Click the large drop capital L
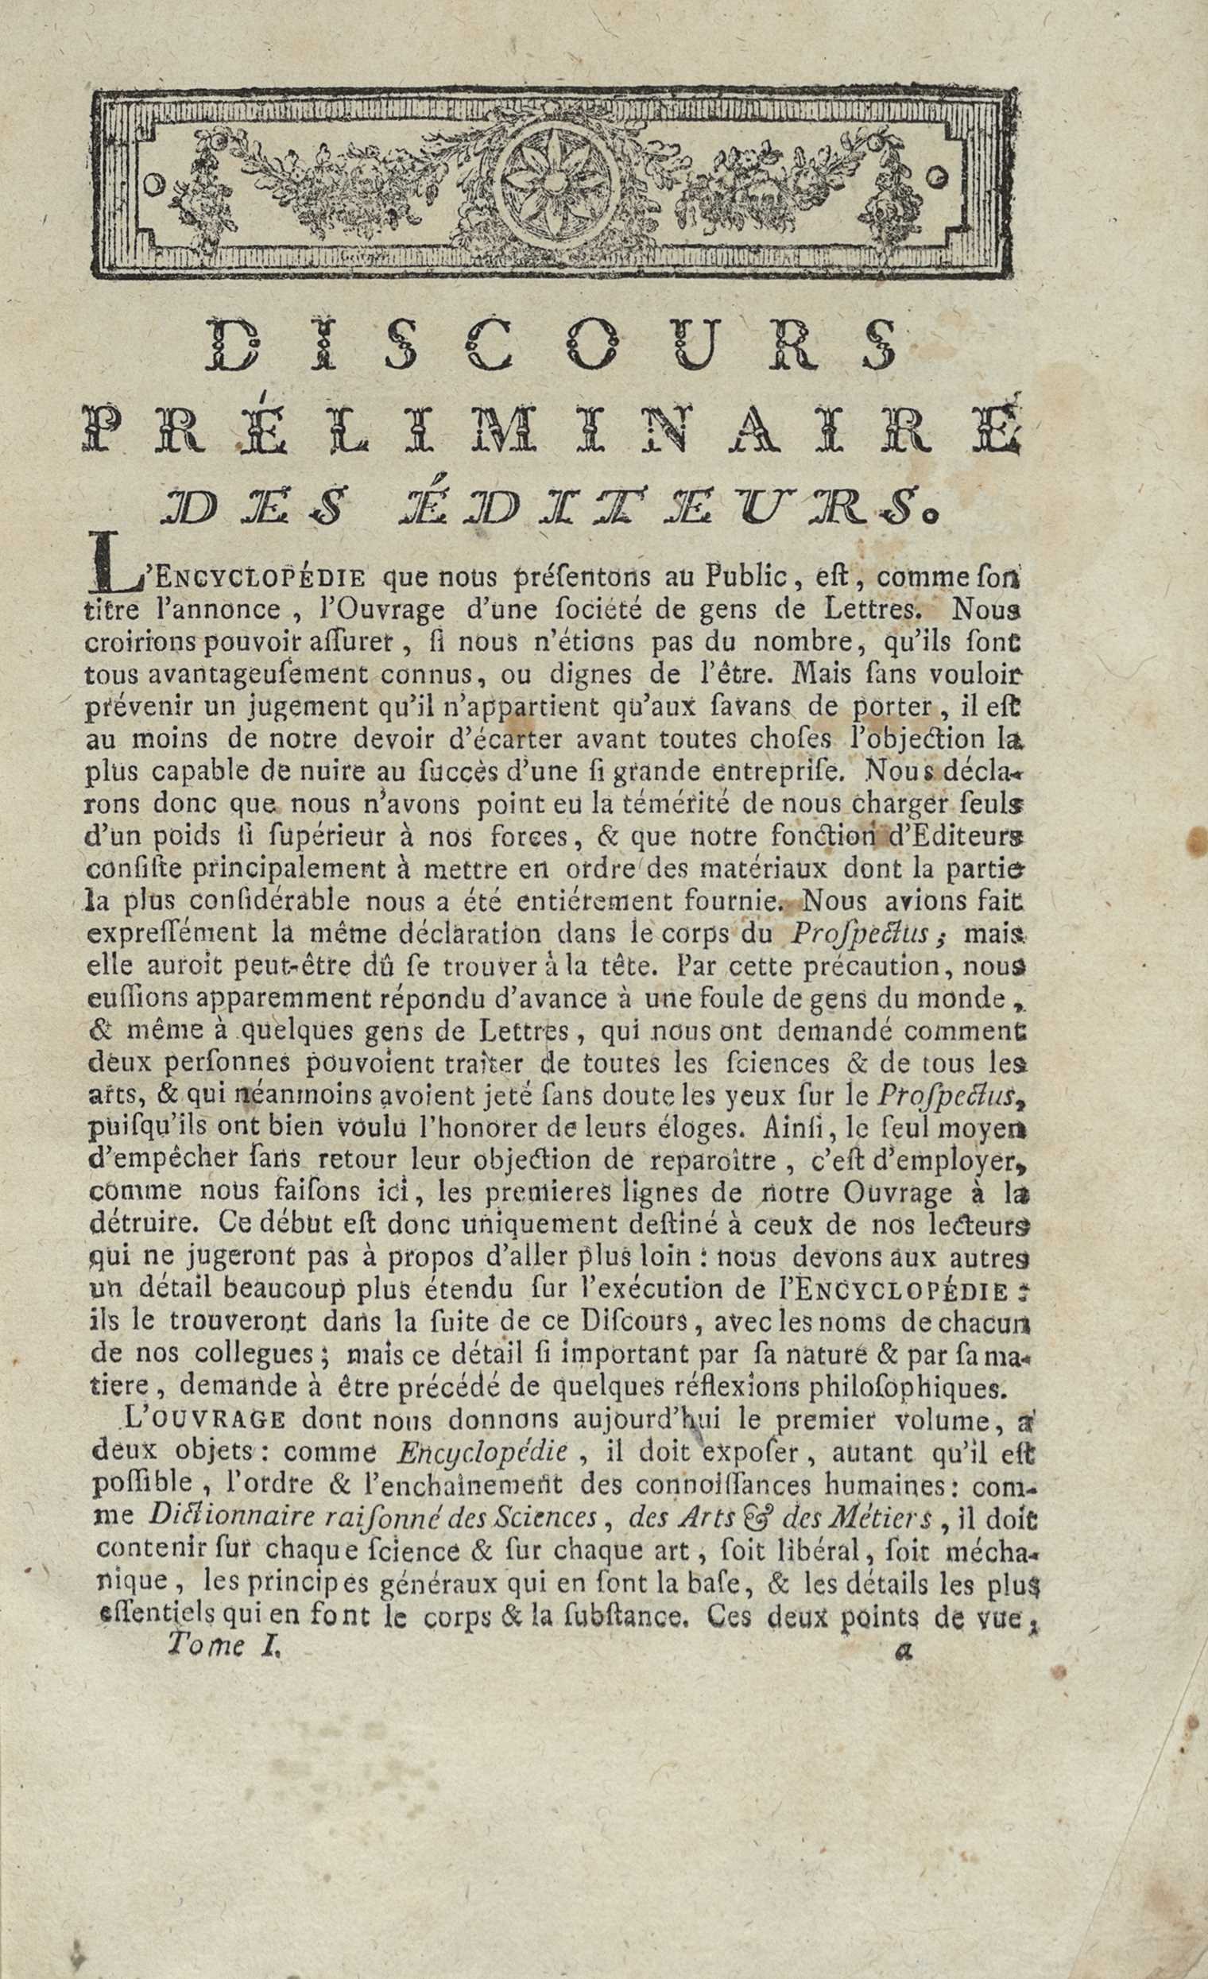(x=112, y=568)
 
